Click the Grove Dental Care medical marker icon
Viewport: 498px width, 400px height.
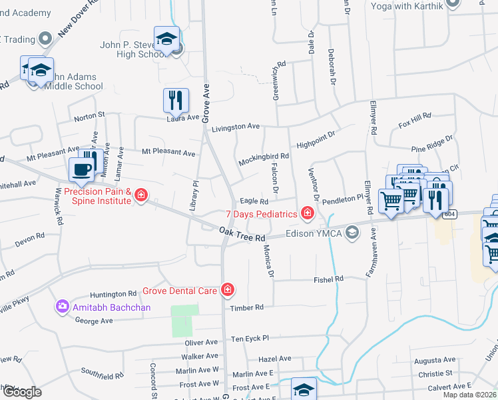pos(228,289)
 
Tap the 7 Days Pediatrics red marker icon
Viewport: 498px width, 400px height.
pos(307,213)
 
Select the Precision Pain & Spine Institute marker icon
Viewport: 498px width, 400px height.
pos(140,195)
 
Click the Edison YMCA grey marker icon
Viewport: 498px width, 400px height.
pos(352,233)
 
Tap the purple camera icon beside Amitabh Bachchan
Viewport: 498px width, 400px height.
pos(63,306)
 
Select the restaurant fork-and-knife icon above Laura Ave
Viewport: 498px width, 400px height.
pos(176,100)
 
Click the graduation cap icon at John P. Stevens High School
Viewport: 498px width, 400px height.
pos(166,39)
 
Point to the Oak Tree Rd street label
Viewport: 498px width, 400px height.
pos(242,234)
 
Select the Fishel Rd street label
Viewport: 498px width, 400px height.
pos(329,279)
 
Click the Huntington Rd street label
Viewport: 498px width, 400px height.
pos(113,294)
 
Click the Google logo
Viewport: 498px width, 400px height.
pos(21,392)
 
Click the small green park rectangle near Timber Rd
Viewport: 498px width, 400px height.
pos(185,321)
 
